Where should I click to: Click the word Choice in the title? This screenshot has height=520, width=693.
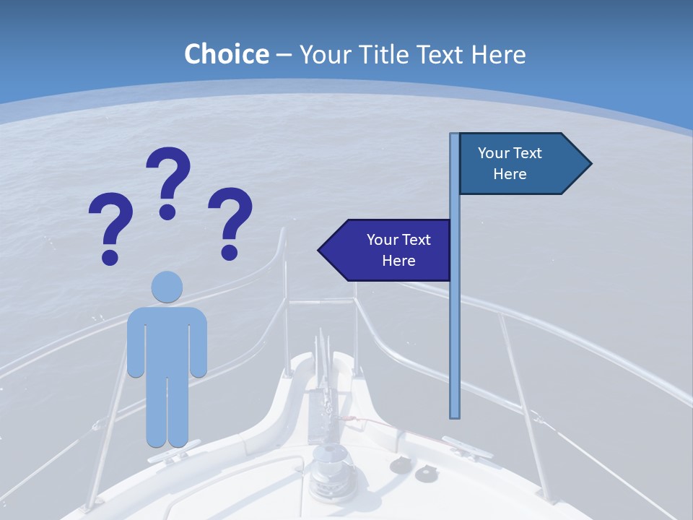[x=226, y=54]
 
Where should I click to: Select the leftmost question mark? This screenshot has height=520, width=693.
[x=110, y=227]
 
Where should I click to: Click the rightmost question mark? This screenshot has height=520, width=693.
[x=230, y=222]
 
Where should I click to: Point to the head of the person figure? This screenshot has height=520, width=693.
[x=167, y=287]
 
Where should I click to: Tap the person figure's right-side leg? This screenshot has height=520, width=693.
[x=178, y=404]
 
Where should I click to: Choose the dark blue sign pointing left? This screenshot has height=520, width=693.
[x=386, y=250]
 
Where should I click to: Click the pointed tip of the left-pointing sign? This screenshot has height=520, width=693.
[x=321, y=251]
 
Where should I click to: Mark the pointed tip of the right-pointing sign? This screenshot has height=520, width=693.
[x=589, y=164]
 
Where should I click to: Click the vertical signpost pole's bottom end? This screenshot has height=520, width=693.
[x=455, y=415]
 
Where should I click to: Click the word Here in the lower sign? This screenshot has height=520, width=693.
[x=398, y=261]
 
